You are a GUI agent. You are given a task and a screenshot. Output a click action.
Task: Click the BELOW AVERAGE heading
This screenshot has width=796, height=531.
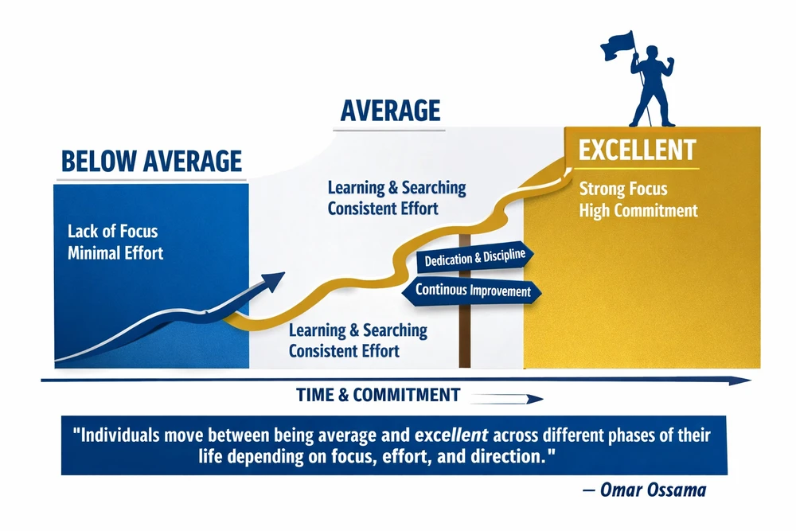(151, 162)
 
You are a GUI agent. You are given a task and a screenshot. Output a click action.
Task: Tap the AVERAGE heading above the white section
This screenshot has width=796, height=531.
(390, 111)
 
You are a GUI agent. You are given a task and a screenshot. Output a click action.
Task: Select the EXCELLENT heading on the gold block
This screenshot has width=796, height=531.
(637, 150)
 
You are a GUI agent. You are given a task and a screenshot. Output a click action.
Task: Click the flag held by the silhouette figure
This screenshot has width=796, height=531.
(618, 46)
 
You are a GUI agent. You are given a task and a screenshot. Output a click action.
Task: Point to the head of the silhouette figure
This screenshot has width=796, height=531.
(651, 53)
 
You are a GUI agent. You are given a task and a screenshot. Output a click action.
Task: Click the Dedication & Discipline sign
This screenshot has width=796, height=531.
(474, 258)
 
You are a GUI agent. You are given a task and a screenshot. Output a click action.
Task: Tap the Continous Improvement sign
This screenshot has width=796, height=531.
(472, 291)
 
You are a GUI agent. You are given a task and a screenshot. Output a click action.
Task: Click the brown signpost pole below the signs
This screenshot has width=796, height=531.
(465, 336)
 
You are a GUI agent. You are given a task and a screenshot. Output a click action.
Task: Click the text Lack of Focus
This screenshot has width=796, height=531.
(113, 232)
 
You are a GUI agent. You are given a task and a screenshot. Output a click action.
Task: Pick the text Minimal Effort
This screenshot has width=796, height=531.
(115, 253)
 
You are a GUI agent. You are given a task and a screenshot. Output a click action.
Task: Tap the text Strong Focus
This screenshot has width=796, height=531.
(623, 189)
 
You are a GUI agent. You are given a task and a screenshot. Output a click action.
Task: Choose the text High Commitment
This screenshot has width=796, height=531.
(638, 210)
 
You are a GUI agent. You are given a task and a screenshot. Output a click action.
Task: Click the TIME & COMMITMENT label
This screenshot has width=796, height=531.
(378, 395)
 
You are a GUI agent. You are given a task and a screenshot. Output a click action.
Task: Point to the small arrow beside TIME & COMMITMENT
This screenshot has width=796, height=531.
(506, 399)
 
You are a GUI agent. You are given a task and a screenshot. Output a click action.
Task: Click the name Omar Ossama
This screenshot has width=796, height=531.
(653, 490)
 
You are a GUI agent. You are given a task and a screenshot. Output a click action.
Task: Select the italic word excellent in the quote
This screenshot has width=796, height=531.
(451, 435)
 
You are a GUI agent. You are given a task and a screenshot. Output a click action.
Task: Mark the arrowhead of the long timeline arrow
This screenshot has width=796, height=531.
(740, 381)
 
